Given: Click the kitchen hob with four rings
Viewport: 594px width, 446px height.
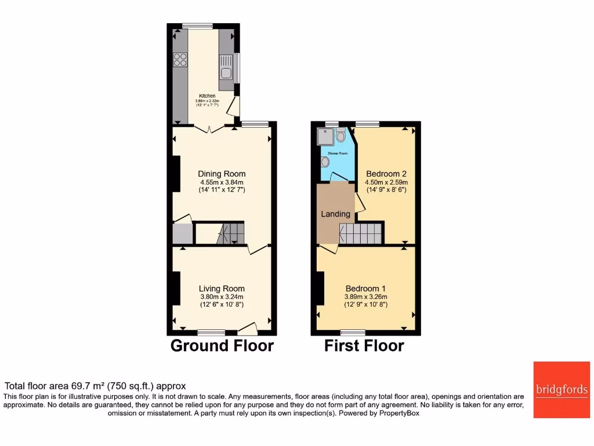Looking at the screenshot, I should (x=180, y=59).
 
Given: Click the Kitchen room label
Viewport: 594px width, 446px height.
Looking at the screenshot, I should (x=207, y=96).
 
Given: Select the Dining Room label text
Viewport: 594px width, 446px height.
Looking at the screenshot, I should (x=222, y=174).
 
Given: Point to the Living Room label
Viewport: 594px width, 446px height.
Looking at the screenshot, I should (x=222, y=289).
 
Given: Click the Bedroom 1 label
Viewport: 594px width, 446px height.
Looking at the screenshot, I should (x=365, y=289).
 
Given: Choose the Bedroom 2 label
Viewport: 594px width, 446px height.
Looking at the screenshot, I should (x=386, y=174).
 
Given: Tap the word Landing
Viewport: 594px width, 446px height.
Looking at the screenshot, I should (x=336, y=214).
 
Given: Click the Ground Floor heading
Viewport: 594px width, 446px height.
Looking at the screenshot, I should (x=222, y=346).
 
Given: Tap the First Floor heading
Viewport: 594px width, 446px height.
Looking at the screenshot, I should (x=364, y=346).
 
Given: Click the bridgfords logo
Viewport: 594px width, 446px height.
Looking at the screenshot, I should (x=561, y=389).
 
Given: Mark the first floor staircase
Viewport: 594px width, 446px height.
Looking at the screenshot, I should (x=361, y=233).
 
